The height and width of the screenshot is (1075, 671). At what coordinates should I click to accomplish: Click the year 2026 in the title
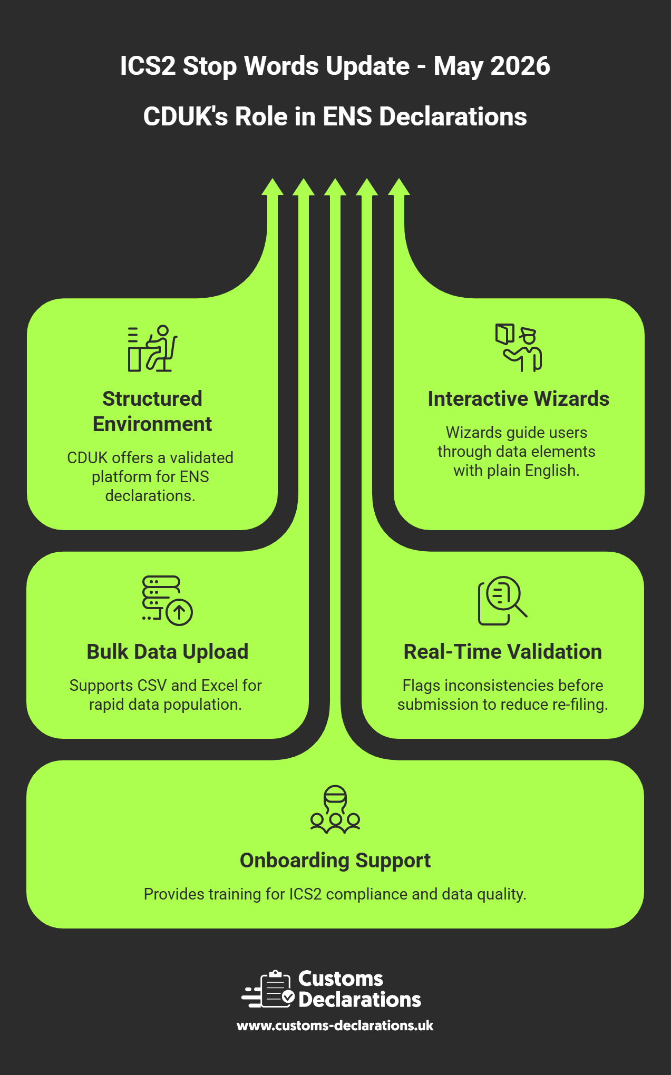[520, 66]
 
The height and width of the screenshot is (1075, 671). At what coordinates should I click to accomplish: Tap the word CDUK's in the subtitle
[185, 116]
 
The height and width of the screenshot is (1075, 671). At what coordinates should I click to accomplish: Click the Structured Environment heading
[152, 411]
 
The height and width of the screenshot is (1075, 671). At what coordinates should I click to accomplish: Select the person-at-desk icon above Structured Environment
[152, 348]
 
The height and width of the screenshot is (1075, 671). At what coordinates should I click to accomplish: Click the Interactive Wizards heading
[518, 399]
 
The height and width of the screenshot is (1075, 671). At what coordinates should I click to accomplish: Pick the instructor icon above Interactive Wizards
[518, 348]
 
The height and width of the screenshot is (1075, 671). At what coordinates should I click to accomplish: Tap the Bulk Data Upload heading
[167, 652]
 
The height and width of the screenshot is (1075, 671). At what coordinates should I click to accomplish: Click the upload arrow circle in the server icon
[179, 612]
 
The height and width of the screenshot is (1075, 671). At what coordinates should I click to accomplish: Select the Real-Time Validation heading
[502, 652]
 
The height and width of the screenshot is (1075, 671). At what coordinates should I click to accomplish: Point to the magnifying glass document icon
[502, 600]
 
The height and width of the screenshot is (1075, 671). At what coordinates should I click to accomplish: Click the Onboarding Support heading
[335, 861]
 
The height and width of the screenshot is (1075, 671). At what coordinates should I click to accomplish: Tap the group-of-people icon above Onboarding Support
[335, 809]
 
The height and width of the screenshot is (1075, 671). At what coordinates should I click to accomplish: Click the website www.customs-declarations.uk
[335, 1025]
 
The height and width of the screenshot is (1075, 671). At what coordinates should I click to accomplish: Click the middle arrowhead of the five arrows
[335, 187]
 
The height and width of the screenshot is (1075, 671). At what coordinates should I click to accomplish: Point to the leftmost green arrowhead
[273, 187]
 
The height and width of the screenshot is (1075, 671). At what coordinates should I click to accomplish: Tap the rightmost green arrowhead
[399, 187]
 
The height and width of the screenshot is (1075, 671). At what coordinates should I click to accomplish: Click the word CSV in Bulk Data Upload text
[152, 686]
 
